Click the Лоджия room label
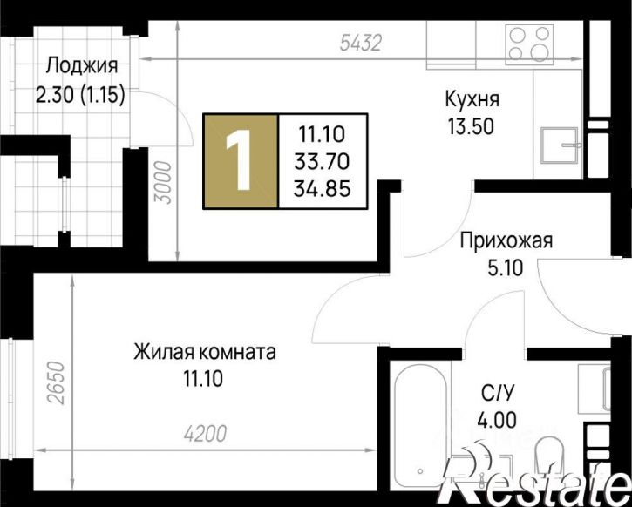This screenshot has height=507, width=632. pyautogui.click(x=81, y=65)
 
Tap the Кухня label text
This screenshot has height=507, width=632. pyautogui.click(x=472, y=98)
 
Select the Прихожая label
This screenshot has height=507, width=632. pyautogui.click(x=506, y=240)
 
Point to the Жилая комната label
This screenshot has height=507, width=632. pyautogui.click(x=205, y=352)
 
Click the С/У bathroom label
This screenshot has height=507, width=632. pyautogui.click(x=498, y=394)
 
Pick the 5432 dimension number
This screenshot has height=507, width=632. pyautogui.click(x=360, y=43)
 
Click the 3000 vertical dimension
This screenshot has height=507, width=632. pyautogui.click(x=164, y=182)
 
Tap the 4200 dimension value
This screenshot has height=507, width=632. pyautogui.click(x=206, y=433)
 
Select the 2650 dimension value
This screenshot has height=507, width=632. pyautogui.click(x=56, y=383)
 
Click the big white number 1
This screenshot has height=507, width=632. pyautogui.click(x=239, y=160)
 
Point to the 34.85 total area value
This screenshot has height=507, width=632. pyautogui.click(x=322, y=188)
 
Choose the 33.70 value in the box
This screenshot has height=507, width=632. pyautogui.click(x=322, y=162)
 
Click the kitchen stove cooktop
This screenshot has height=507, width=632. pyautogui.click(x=529, y=44)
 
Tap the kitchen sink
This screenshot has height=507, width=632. pyautogui.click(x=559, y=145)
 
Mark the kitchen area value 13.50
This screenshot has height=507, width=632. pyautogui.click(x=471, y=126)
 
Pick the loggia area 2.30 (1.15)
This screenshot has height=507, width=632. pyautogui.click(x=80, y=95)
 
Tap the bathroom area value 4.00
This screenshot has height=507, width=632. pyautogui.click(x=497, y=421)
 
